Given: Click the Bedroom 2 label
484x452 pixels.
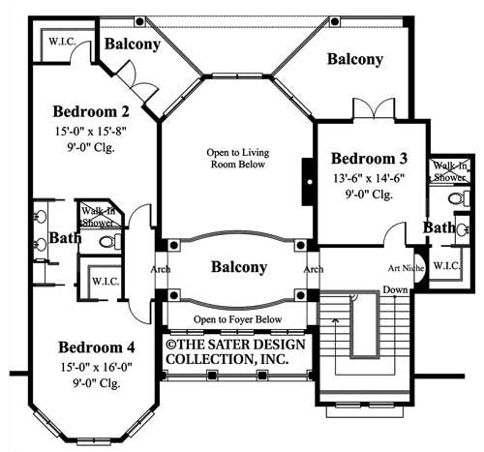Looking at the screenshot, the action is (x=91, y=111).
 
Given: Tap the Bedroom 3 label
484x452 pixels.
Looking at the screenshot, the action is (x=369, y=159).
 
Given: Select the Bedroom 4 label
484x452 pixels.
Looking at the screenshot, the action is (x=97, y=347).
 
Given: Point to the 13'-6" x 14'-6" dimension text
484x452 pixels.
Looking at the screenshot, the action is (x=369, y=178).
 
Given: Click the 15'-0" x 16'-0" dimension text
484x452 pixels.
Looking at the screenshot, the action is (x=97, y=367).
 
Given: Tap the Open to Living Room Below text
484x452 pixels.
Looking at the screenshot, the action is (x=238, y=158).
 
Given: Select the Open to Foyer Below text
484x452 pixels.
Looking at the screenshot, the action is (x=238, y=319).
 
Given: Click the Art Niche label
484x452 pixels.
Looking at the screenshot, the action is (x=406, y=268).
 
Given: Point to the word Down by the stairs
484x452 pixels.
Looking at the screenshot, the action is (x=395, y=289).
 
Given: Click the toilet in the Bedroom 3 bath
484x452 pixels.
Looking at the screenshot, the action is (x=459, y=198).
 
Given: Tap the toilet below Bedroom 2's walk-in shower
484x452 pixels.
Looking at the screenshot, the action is (x=110, y=241).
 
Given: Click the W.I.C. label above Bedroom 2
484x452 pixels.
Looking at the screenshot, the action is (x=62, y=42).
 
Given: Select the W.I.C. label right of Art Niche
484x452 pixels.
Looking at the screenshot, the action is (x=447, y=266).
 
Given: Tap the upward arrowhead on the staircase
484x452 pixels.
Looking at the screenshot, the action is (x=336, y=320).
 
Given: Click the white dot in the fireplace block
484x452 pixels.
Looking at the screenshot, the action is (x=310, y=182).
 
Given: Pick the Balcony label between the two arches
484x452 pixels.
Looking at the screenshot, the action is (x=239, y=267).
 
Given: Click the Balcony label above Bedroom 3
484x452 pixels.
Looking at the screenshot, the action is (x=355, y=59).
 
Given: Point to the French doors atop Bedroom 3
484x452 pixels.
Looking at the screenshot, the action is (x=374, y=109).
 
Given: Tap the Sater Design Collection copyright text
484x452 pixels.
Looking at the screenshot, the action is (x=235, y=352).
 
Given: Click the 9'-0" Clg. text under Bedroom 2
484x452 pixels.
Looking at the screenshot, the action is (x=91, y=148).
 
